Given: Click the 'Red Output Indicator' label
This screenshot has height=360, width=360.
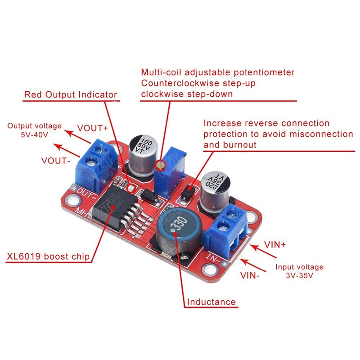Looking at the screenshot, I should [70, 94].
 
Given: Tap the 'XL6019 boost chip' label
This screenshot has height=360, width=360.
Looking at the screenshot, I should [48, 257].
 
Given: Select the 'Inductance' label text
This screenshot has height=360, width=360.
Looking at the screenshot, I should [211, 301].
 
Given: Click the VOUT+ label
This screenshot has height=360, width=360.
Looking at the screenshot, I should [93, 127].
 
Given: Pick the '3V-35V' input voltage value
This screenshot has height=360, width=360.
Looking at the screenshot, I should [299, 275].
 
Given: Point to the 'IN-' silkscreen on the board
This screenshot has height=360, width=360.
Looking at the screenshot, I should [212, 257].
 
